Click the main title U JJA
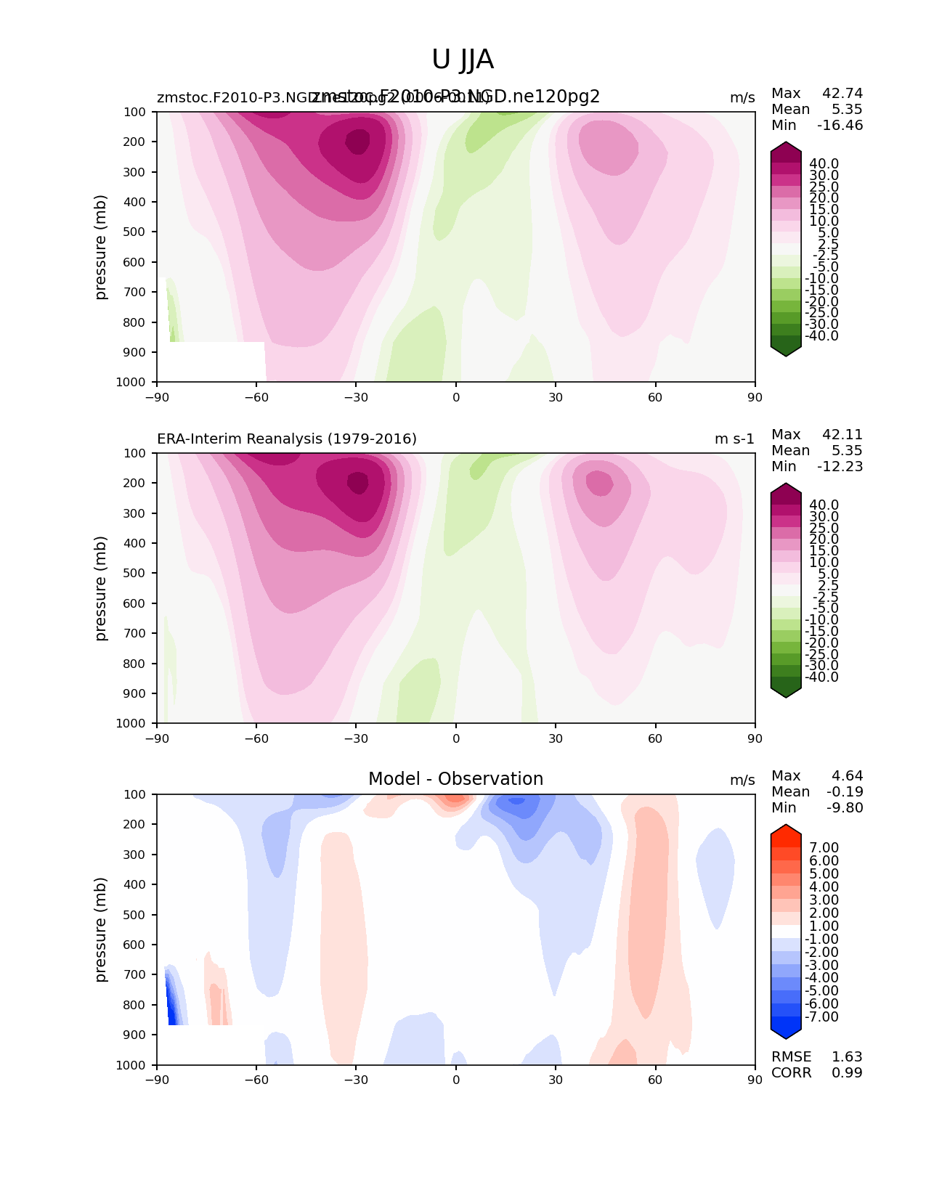tap(463, 60)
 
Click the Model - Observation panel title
tap(455, 779)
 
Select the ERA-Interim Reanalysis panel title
tap(287, 439)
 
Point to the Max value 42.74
tap(842, 93)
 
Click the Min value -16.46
tap(840, 125)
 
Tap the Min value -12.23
tap(840, 466)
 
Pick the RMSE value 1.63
tap(847, 1056)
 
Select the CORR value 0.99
tap(847, 1072)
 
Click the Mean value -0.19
tap(845, 791)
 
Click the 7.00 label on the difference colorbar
tap(824, 847)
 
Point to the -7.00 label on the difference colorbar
tap(822, 1016)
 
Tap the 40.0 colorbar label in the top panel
tap(824, 163)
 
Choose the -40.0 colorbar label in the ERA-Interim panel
tap(822, 677)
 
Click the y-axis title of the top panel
tap(101, 247)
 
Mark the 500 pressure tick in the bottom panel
tap(136, 915)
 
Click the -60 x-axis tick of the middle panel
tap(256, 738)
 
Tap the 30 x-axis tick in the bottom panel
tap(556, 1080)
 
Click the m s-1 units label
tap(734, 439)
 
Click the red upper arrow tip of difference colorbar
tap(786, 828)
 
